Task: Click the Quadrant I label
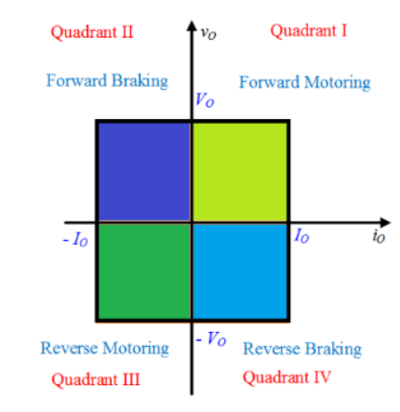(309, 31)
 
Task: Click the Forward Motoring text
(304, 82)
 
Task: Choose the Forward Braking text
(107, 80)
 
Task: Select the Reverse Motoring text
(104, 349)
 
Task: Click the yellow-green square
(239, 171)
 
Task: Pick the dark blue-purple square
(144, 171)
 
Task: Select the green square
(144, 271)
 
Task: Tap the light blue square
(239, 271)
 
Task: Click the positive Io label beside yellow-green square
(302, 236)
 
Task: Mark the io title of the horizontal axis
(378, 236)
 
